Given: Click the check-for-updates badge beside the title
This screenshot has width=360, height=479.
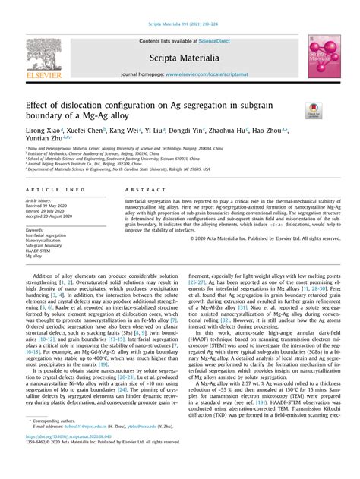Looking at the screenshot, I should (312, 111).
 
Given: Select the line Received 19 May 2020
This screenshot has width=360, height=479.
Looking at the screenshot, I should (47, 205).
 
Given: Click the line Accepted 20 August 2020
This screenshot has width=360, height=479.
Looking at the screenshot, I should (50, 216).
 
